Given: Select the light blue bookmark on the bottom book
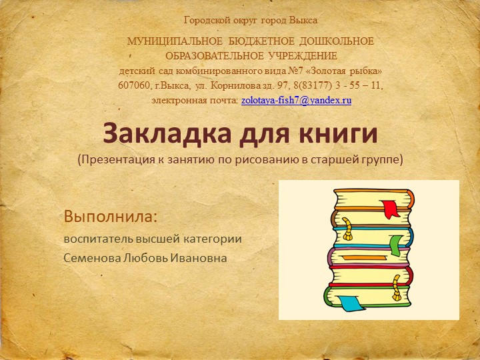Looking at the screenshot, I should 351,303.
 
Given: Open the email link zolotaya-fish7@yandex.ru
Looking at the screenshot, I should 295,99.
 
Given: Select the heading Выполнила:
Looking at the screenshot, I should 111,217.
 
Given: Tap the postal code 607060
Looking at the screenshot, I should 133,86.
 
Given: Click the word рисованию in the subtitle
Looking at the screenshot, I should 281,160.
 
